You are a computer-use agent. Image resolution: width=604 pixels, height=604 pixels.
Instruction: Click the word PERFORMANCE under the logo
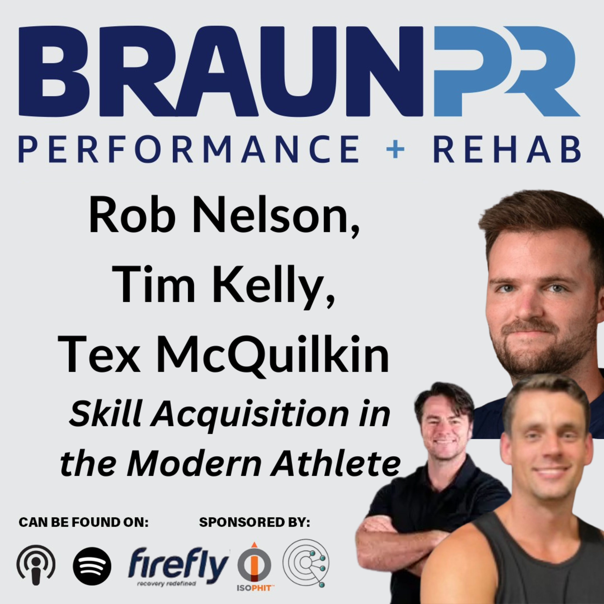[189, 149]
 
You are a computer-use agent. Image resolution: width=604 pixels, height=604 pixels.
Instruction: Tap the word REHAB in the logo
[507, 149]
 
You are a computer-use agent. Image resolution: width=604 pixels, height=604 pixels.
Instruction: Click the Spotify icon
[92, 566]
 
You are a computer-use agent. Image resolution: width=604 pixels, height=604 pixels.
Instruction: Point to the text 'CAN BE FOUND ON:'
[84, 522]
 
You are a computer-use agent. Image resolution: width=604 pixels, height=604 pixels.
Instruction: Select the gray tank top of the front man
[532, 563]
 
